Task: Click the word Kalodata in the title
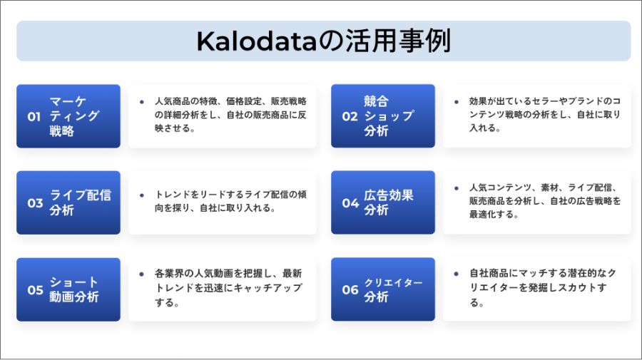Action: (x=257, y=41)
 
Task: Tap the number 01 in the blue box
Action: (x=34, y=117)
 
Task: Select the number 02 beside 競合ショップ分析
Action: (x=350, y=117)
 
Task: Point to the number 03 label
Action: (x=35, y=203)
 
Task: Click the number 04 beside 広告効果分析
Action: (x=350, y=203)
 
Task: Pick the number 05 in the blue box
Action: (x=35, y=290)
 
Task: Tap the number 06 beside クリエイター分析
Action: (x=350, y=289)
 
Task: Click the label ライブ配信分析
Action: (x=80, y=202)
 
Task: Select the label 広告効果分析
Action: (x=389, y=202)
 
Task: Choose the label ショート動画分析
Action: (x=74, y=289)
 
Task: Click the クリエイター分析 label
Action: (x=393, y=289)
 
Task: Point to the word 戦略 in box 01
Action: (x=62, y=131)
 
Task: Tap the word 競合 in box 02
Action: (x=376, y=101)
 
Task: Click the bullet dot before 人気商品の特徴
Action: (x=142, y=102)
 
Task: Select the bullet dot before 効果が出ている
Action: (x=457, y=101)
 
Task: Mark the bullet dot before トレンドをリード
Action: (x=142, y=195)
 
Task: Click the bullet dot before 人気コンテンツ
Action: (x=457, y=188)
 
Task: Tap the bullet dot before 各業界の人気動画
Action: (x=142, y=274)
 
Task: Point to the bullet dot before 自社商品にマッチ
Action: (x=457, y=274)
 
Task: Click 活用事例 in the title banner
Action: (x=398, y=41)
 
